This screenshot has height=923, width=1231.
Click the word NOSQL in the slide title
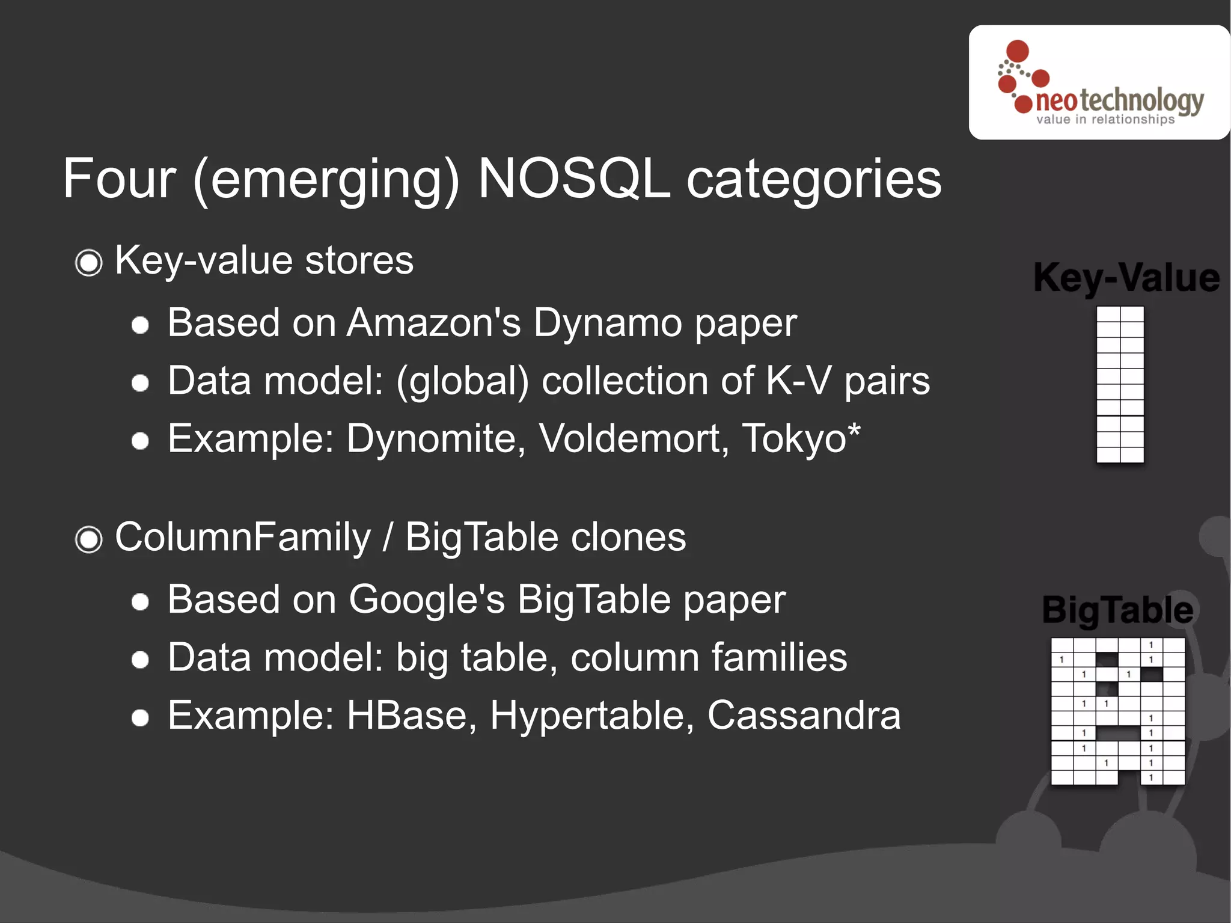[x=574, y=179]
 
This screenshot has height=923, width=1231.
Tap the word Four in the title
[x=119, y=179]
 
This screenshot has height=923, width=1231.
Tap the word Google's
[x=427, y=599]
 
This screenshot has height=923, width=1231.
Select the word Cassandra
[x=804, y=715]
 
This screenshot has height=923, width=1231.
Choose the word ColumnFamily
[x=243, y=537]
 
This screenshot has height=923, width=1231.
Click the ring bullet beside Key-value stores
[x=89, y=263]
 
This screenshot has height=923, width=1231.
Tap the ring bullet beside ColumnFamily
[x=89, y=539]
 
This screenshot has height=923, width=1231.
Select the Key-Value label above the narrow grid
[x=1126, y=278]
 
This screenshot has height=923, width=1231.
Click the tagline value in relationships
[x=1105, y=120]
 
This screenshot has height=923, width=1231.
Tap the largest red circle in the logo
[x=1018, y=51]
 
